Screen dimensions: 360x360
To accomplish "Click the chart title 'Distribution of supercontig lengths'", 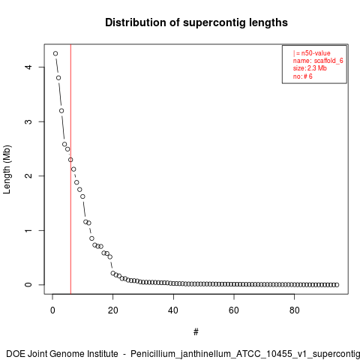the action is pos(196,22).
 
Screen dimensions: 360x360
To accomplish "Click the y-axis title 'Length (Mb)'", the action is pos(7,169).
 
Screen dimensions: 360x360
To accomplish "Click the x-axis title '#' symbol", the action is pos(196,332).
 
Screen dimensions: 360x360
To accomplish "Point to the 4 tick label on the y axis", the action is pos(28,67).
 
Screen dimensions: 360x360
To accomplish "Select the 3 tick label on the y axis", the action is pos(28,121).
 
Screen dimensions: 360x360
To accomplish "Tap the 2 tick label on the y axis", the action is pos(28,175).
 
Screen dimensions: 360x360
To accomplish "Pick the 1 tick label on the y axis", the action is pos(28,230).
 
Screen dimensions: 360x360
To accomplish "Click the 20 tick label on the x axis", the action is pos(113,310).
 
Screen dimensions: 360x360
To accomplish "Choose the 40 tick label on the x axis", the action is pos(173,310).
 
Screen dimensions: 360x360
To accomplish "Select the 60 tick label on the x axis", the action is pos(234,310).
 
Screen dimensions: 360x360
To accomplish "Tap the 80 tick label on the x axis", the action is pos(294,310).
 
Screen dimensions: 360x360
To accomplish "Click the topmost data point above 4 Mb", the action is pos(55,53).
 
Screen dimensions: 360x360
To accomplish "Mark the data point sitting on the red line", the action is pos(70,160).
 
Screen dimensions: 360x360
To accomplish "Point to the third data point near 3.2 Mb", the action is pos(61,111).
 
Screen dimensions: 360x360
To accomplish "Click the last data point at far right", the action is pos(337,285).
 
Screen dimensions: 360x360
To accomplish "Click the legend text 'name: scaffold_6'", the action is pos(318,61).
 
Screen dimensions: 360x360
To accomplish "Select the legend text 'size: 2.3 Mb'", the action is pos(310,68).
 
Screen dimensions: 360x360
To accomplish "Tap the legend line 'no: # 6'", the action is pos(303,76).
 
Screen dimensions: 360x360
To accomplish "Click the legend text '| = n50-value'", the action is pos(312,53).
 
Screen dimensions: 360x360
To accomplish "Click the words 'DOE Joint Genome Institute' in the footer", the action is pos(62,354).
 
